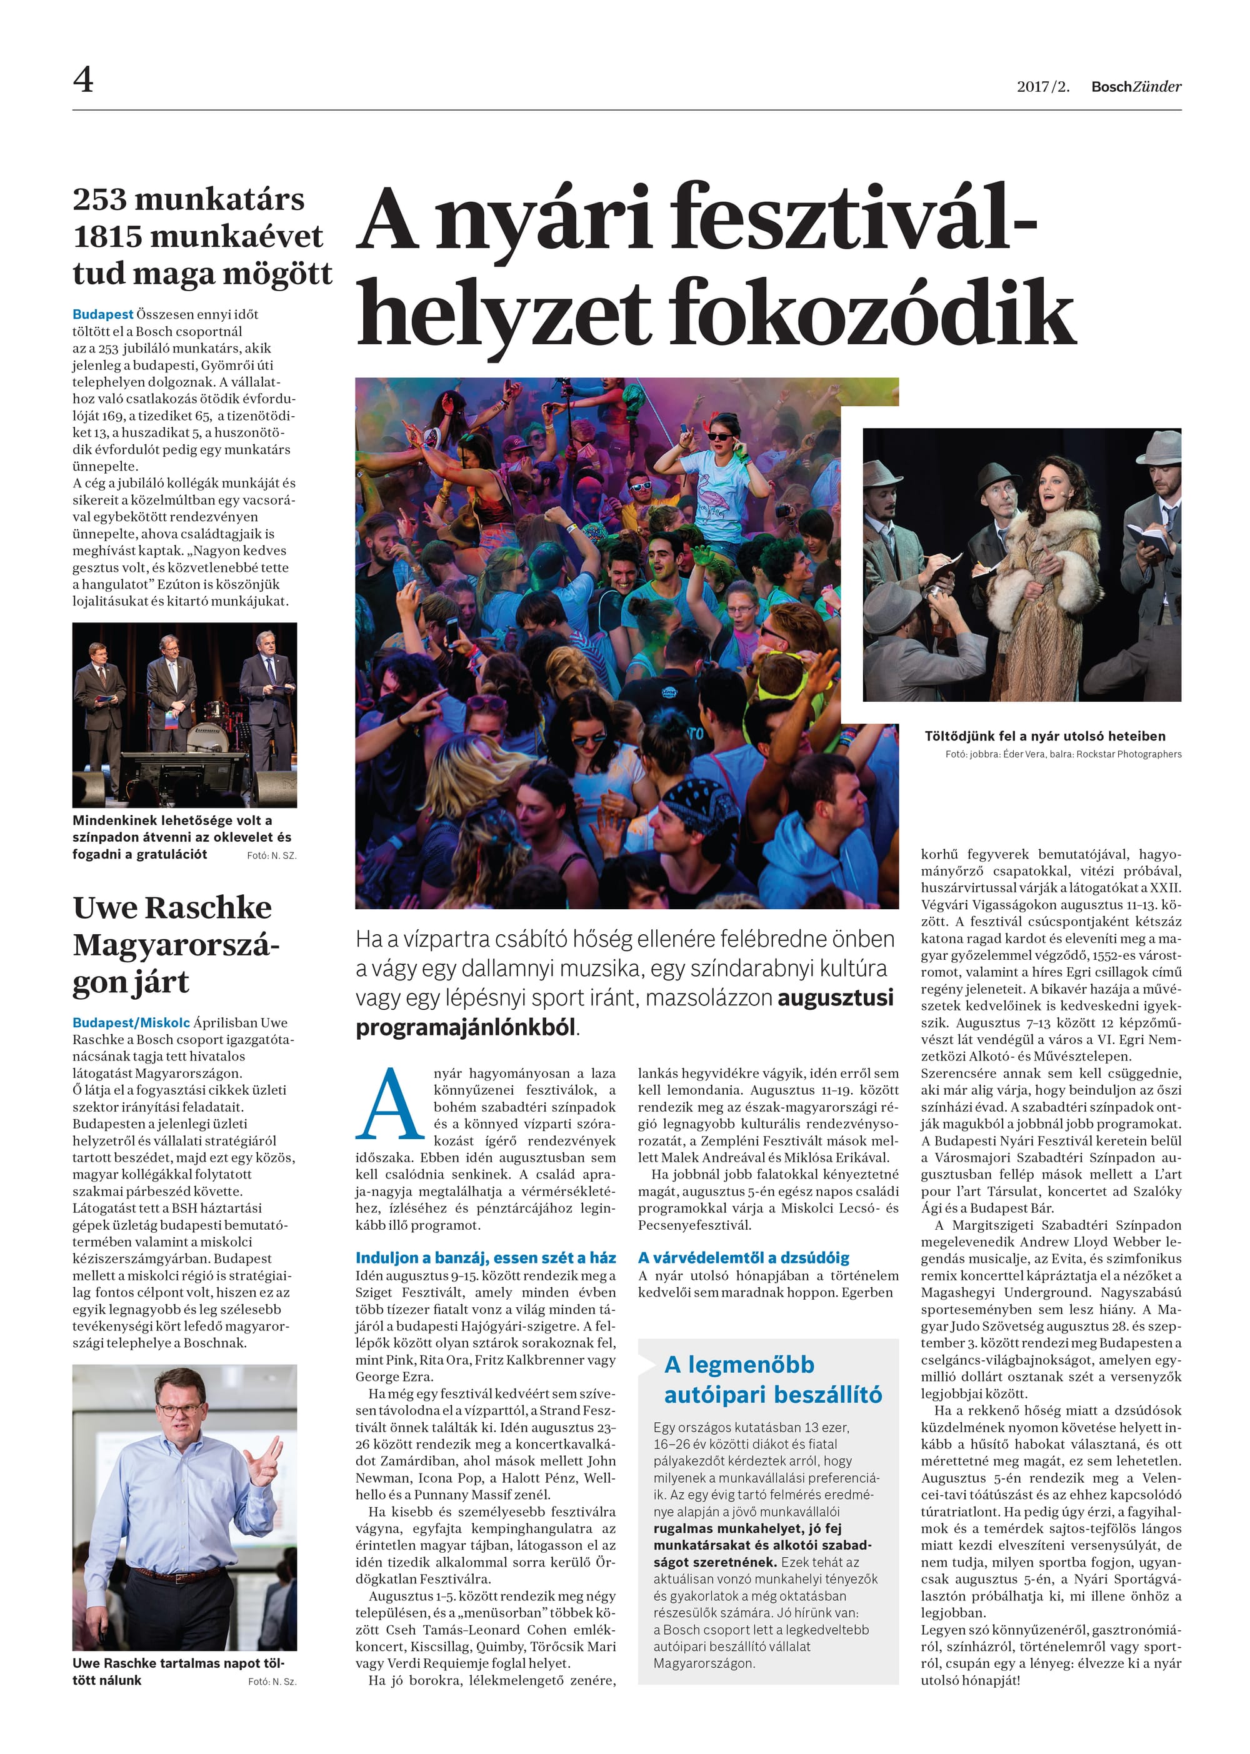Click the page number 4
click(x=83, y=79)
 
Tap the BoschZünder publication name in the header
click(x=1136, y=87)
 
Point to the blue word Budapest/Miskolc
click(x=131, y=1023)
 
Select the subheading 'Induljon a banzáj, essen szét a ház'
click(x=485, y=1258)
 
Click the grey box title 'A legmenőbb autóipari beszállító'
click(x=772, y=1379)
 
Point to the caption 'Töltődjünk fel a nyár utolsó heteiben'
click(x=1044, y=735)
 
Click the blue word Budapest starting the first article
click(x=102, y=314)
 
